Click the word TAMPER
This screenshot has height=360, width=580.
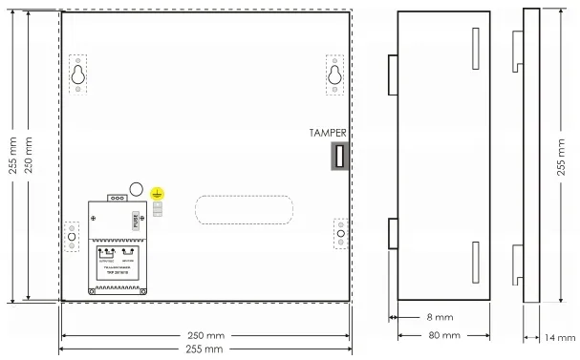(x=328, y=133)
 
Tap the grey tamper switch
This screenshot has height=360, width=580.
(x=337, y=156)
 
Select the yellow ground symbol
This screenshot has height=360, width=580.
(x=158, y=192)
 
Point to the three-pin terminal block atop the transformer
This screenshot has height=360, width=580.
(x=118, y=198)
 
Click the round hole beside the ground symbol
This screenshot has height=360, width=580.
(x=137, y=190)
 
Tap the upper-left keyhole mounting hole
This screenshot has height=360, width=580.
(x=77, y=74)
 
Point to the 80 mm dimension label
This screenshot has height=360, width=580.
(x=443, y=335)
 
